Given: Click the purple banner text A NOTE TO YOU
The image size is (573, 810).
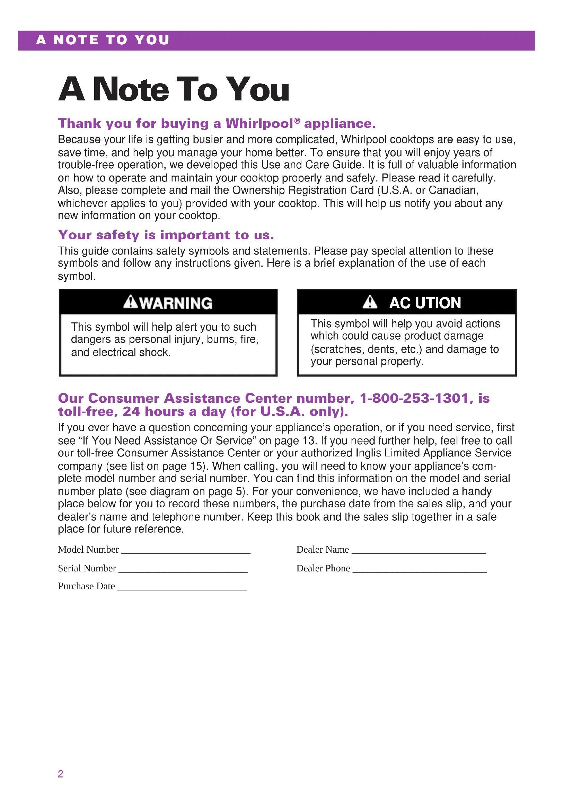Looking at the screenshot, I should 103,40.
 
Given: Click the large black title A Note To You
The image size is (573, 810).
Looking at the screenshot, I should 174,90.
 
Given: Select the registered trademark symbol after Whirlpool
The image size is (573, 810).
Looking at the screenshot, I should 297,121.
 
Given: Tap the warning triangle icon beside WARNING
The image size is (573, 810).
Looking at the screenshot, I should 131,302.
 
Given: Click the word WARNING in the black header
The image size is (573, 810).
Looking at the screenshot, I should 176,303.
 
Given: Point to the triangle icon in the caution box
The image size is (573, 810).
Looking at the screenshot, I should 370,302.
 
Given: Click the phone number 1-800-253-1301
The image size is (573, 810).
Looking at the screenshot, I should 414,398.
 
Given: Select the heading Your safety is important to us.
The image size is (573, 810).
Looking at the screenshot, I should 166,235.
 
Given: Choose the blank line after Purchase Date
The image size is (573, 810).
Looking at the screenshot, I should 182,588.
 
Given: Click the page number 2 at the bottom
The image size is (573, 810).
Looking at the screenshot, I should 60,774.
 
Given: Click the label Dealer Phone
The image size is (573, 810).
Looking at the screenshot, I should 323,568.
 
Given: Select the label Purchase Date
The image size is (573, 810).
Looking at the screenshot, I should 87,586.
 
